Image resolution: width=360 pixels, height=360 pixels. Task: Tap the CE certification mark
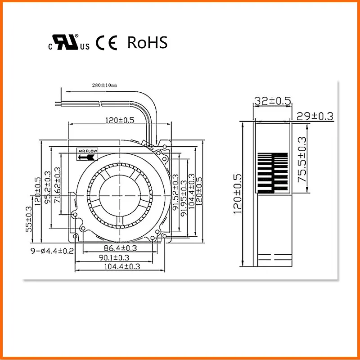coord(106,43)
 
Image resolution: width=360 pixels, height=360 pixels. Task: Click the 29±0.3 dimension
coord(315,116)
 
